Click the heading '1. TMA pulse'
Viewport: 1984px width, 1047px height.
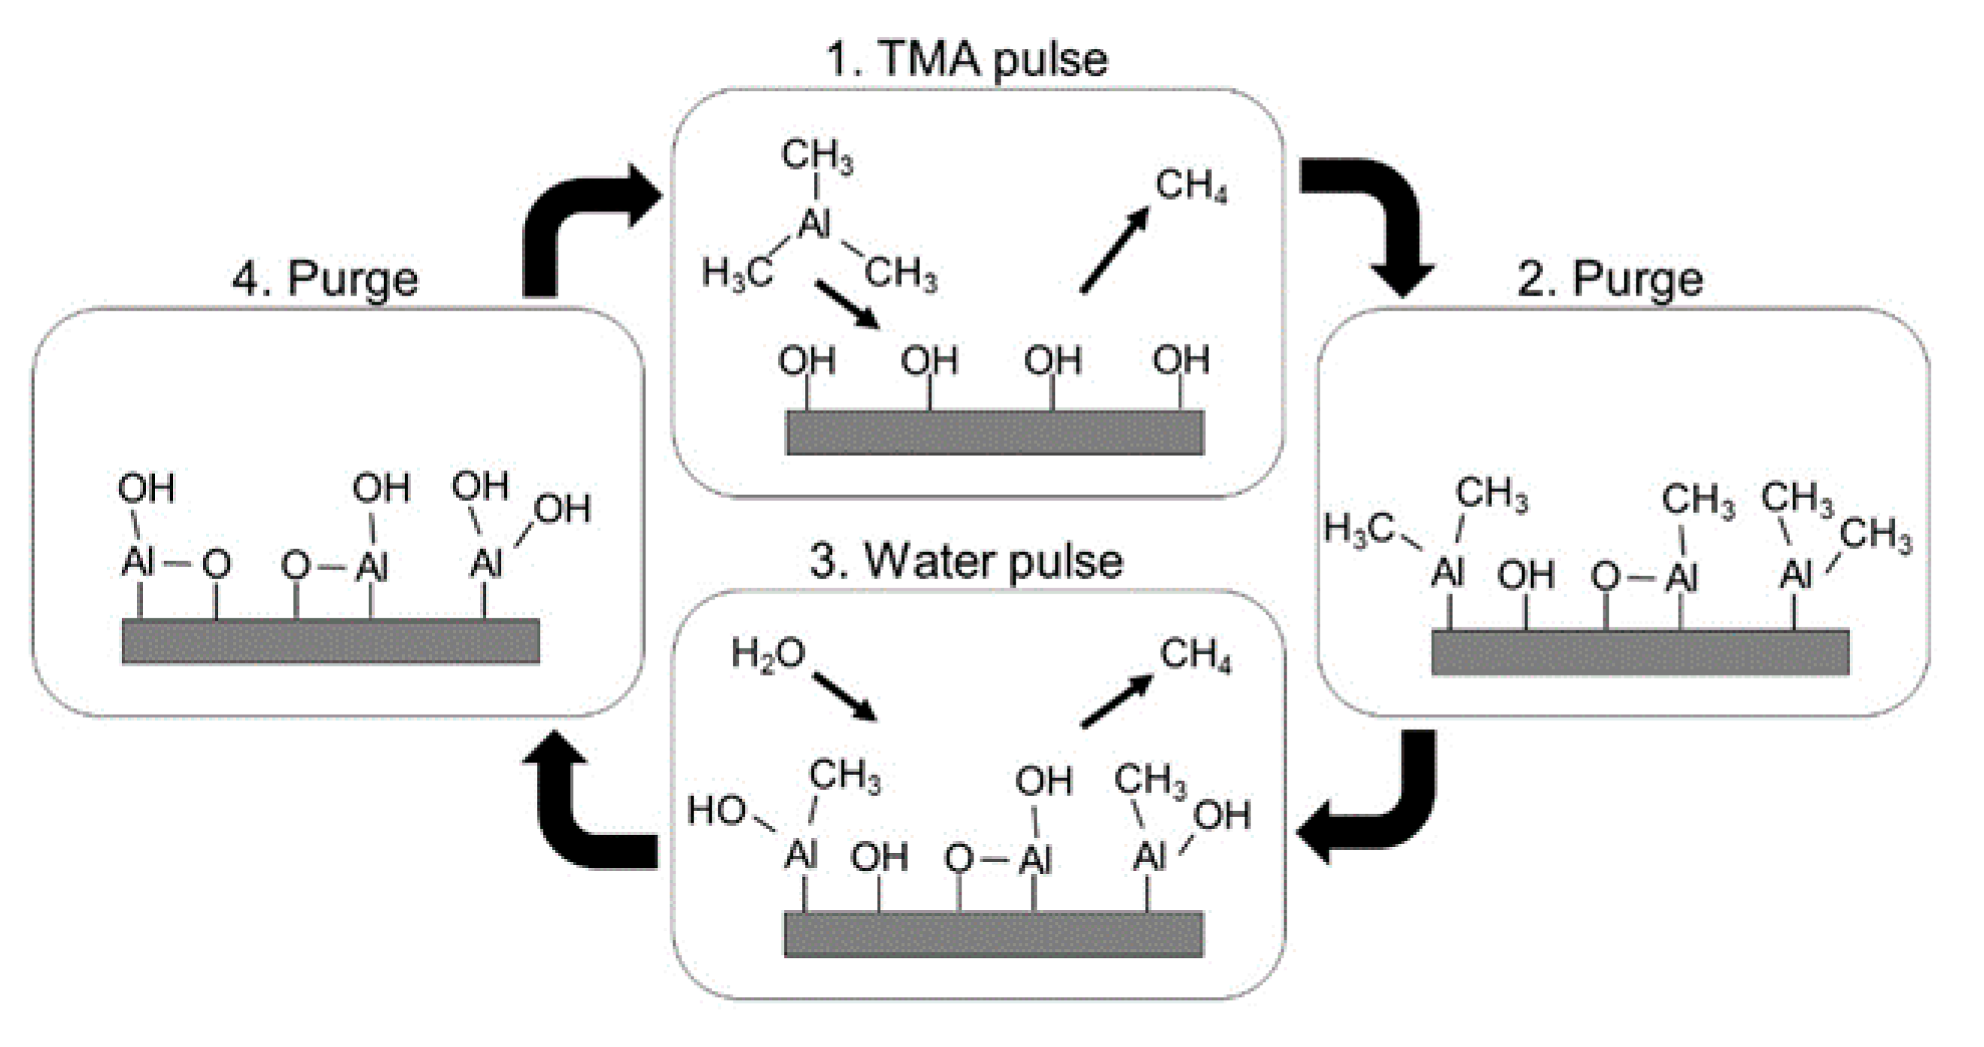[x=967, y=59]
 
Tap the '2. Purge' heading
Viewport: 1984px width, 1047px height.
[x=1609, y=279]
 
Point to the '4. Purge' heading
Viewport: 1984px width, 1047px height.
[x=325, y=279]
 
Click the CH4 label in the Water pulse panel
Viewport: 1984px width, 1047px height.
[x=1196, y=656]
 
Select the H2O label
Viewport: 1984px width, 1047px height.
[x=767, y=654]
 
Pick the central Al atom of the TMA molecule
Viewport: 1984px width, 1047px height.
[x=815, y=225]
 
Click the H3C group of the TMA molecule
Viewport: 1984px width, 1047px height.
[x=737, y=274]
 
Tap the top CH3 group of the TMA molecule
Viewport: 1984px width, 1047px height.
[x=817, y=156]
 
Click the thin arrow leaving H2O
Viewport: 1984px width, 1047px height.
[x=846, y=696]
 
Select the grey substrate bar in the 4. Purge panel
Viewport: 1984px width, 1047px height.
[x=331, y=641]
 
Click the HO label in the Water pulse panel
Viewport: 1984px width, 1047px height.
[x=716, y=811]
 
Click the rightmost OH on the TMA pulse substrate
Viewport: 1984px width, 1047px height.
[x=1180, y=360]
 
